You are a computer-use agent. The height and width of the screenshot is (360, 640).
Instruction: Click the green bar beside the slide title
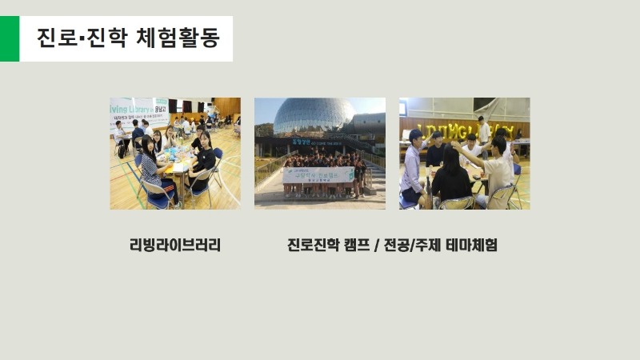pos(9,38)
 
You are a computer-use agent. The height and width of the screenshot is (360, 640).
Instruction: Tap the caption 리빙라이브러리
pos(175,245)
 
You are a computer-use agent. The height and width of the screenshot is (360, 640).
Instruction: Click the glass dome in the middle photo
pos(314,116)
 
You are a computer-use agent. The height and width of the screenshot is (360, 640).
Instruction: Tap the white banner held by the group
pos(318,174)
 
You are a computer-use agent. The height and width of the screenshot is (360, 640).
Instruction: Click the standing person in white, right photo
pos(484,130)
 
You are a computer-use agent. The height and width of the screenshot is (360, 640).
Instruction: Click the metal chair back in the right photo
pos(504,196)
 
